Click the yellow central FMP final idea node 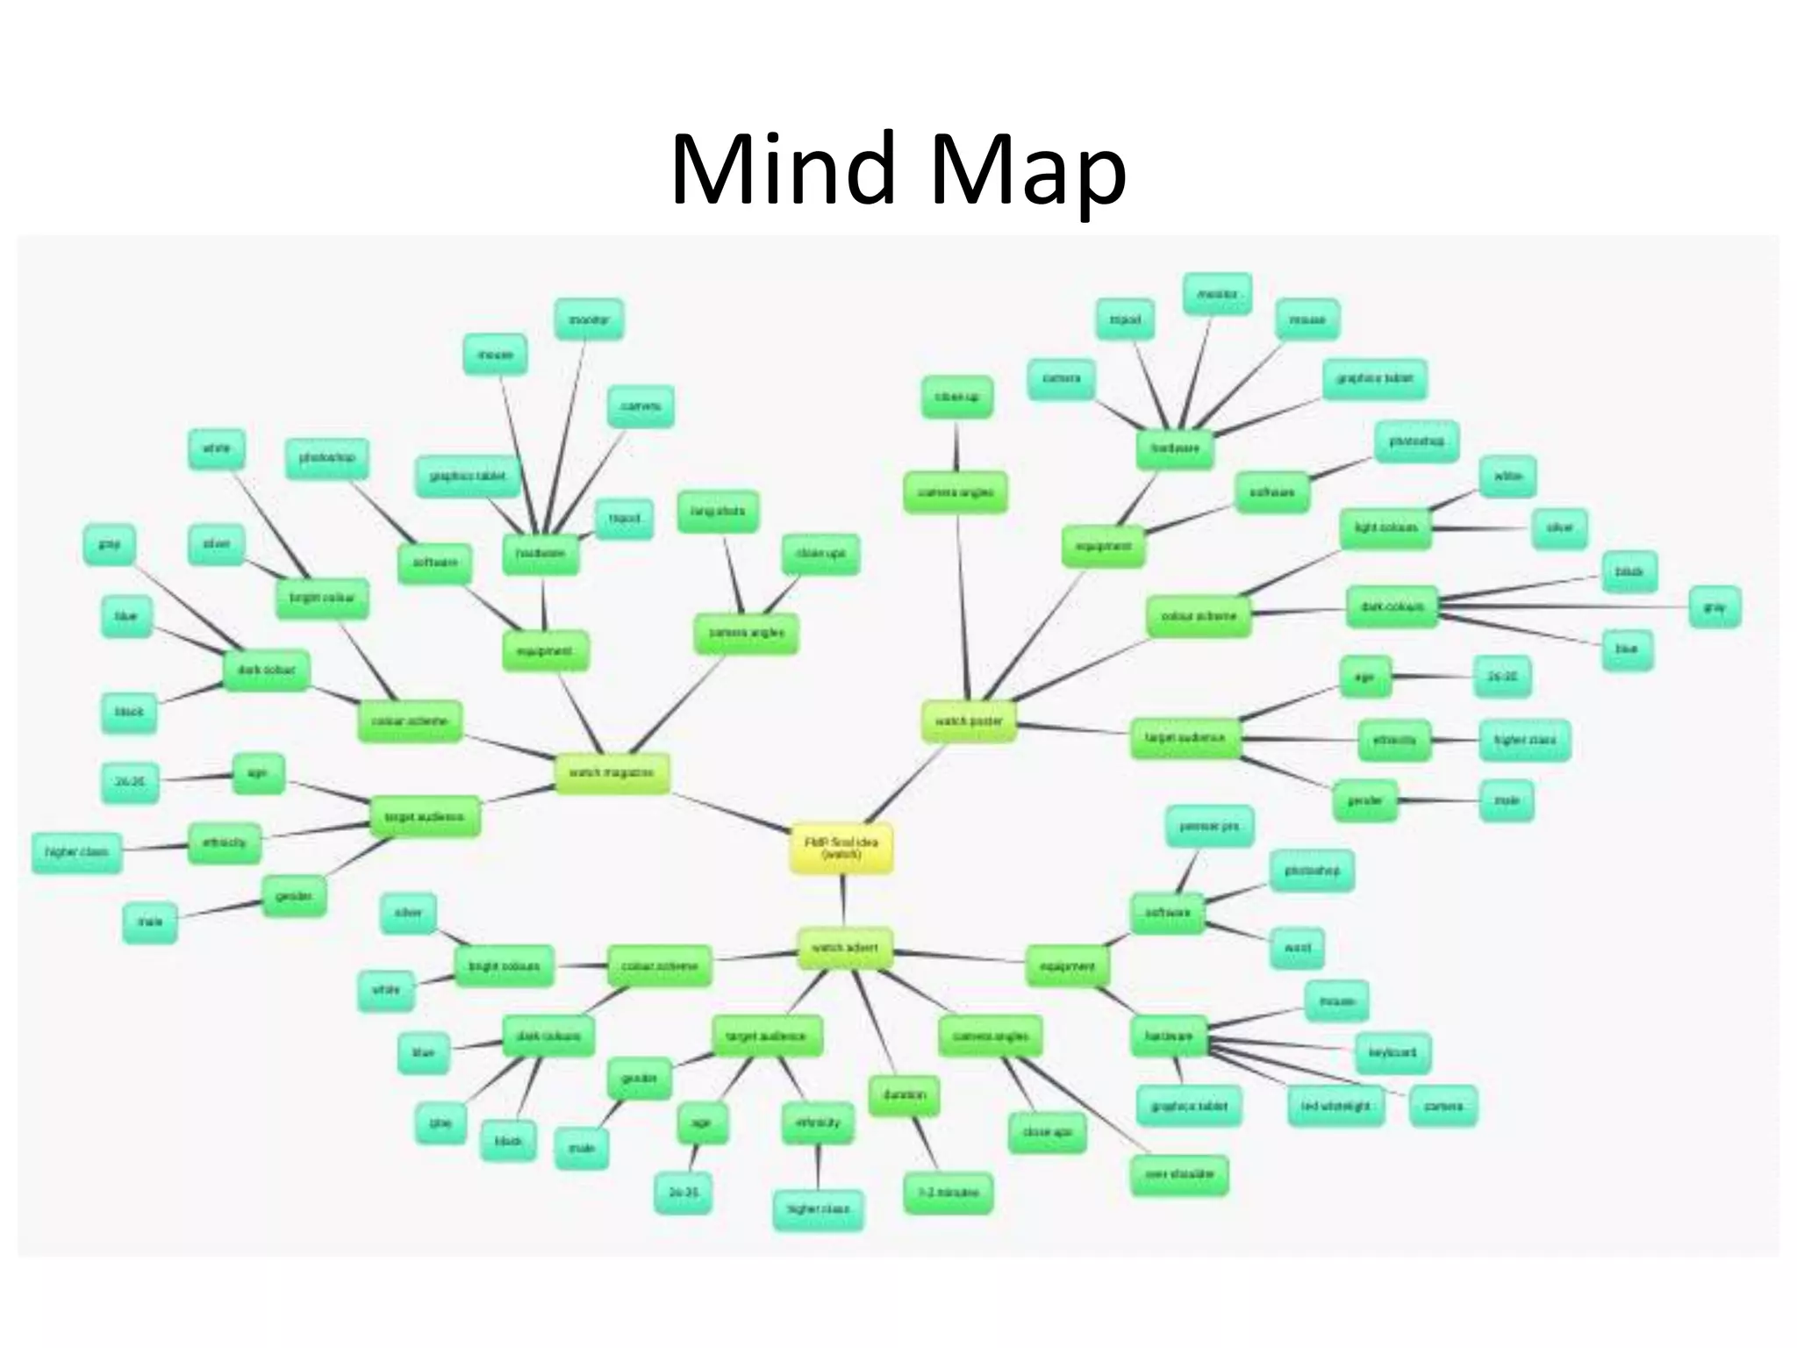[841, 848]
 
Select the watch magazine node [612, 773]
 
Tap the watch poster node [969, 721]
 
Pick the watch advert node [844, 949]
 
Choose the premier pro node [1209, 827]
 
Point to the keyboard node [1392, 1052]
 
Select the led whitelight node [1335, 1106]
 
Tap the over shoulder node [1179, 1174]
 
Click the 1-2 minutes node [948, 1193]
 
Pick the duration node [904, 1096]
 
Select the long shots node [717, 512]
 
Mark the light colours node [1385, 528]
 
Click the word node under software [1297, 948]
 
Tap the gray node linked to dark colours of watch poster [1714, 607]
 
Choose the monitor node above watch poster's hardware [1216, 295]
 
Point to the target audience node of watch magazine [424, 817]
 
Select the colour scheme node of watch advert [659, 966]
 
